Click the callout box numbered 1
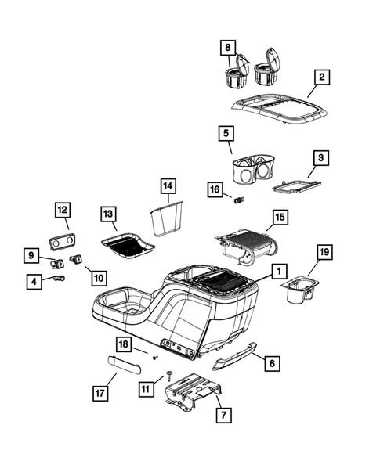pyautogui.click(x=277, y=272)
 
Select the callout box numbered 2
pyautogui.click(x=321, y=77)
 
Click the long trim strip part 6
pyautogui.click(x=238, y=356)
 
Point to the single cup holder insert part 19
pyautogui.click(x=299, y=288)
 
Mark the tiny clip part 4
pyautogui.click(x=60, y=278)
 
